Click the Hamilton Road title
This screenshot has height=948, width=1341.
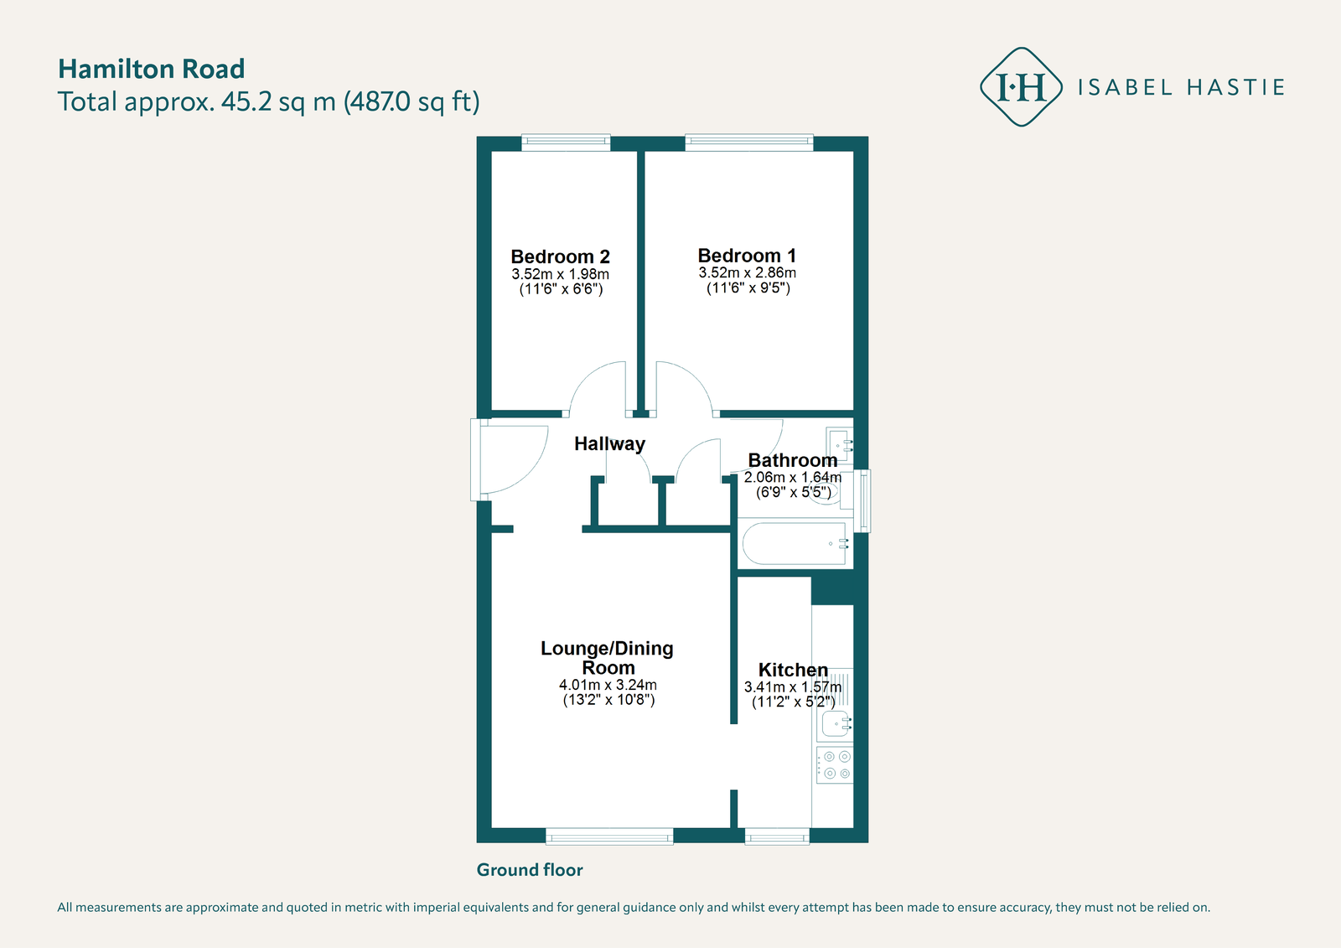151,69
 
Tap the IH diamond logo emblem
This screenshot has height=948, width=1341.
1021,87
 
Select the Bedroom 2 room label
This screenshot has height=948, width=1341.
560,256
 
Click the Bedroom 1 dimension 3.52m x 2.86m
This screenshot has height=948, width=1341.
747,272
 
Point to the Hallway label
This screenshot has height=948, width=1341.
609,443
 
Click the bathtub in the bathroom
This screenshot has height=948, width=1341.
794,544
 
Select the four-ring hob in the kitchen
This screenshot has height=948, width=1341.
835,765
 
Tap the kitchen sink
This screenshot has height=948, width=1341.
836,723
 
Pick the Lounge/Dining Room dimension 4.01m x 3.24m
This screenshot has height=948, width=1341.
608,685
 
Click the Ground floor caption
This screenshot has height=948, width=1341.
530,870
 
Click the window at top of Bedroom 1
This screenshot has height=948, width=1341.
748,142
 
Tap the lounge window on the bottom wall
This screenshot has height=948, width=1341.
609,836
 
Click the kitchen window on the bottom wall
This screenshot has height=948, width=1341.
777,836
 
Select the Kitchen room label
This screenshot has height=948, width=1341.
793,670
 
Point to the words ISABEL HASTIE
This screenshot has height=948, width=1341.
1181,87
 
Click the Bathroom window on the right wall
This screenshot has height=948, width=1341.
865,500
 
